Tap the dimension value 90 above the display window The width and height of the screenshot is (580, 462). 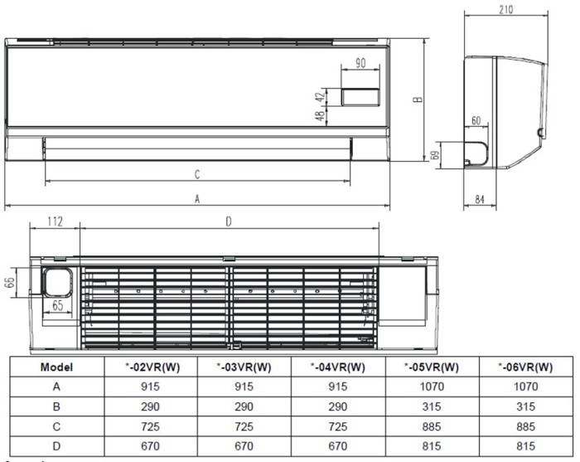pos(360,63)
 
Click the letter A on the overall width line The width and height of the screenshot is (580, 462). pos(197,198)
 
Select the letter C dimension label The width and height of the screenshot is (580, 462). pos(197,174)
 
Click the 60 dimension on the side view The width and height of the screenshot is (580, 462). pos(476,121)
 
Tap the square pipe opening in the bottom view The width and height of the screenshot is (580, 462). pos(57,282)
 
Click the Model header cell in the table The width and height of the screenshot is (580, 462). pos(56,367)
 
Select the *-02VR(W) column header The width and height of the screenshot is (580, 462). pos(150,367)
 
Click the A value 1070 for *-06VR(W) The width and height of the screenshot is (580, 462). pos(525,387)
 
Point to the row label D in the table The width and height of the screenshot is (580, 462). pos(56,447)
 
